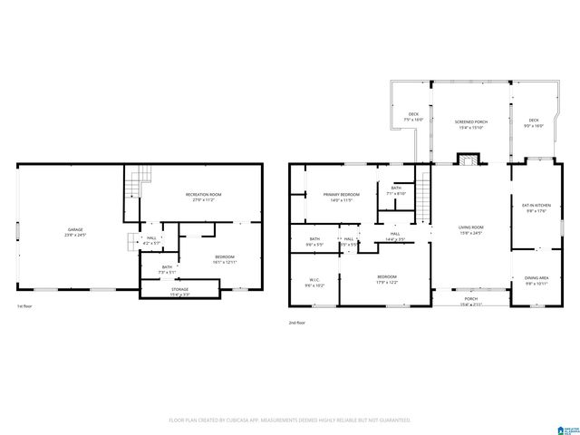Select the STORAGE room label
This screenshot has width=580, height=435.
pos(179,289)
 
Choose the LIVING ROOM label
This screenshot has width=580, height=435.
pos(469,229)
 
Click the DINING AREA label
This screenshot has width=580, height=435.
pos(536,280)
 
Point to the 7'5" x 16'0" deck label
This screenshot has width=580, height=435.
pos(414,116)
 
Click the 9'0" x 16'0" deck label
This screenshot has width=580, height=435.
pos(533,122)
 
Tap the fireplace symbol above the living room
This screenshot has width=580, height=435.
pos(469,161)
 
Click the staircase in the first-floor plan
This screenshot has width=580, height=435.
pos(134,184)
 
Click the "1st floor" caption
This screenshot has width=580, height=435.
pos(26,308)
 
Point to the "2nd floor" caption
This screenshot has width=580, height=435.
pos(298,323)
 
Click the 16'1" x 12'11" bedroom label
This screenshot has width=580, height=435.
pos(226,259)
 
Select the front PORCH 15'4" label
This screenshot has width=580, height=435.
pos(469,302)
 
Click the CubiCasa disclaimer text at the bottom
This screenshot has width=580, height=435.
pos(290,420)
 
